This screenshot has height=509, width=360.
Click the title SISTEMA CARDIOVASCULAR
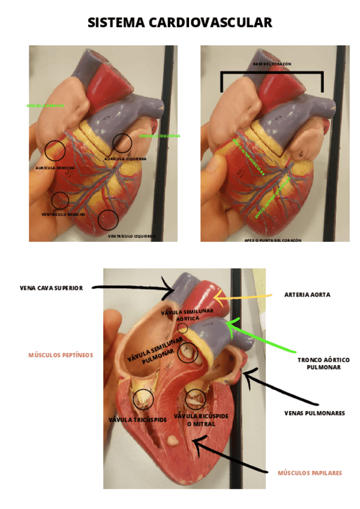[180, 23]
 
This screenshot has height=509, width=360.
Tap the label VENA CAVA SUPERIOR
[51, 288]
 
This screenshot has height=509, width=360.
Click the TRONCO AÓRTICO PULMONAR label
[323, 364]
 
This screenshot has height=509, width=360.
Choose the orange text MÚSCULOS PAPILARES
[310, 473]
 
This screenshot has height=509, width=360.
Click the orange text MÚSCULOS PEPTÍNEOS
[61, 355]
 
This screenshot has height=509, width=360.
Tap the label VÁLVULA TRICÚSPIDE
[137, 420]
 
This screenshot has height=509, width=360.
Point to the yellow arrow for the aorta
[240, 296]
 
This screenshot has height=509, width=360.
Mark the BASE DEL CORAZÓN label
[272, 64]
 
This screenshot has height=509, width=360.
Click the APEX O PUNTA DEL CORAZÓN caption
[272, 239]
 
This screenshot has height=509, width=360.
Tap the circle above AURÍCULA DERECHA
[55, 149]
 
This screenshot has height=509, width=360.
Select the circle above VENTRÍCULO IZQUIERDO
[108, 220]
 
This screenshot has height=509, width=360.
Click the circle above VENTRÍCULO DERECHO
[60, 200]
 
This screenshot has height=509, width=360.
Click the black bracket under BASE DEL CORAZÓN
[272, 74]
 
